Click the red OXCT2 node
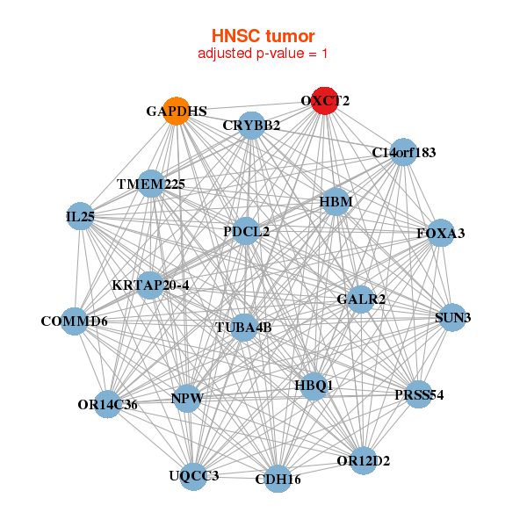coord(326,100)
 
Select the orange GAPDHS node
coord(177,112)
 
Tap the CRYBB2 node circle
coord(251,126)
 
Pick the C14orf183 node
coord(403,152)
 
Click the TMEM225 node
coord(151,184)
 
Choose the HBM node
coord(336,202)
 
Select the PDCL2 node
coord(247,232)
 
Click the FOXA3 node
coord(440,233)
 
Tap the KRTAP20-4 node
coord(150,285)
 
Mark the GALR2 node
coord(361,300)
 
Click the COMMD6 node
coord(74,321)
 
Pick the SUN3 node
coord(452,317)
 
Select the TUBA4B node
coord(243,328)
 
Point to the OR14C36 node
coord(107,405)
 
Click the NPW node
coord(187,399)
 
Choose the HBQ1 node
coord(314,386)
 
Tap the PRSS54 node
coord(419,394)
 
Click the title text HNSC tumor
coord(263,36)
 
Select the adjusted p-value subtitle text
coord(263,54)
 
